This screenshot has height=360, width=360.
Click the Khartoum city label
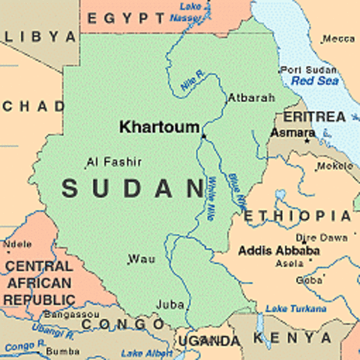point(159,127)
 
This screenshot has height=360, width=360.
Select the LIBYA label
point(40,37)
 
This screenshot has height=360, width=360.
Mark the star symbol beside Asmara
point(306,139)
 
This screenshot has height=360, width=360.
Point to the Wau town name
point(142,259)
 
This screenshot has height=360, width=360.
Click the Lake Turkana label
point(295,308)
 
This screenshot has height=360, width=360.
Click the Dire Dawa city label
point(323,236)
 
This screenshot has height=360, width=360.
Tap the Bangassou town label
point(67,313)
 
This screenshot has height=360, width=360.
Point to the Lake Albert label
point(146,352)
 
